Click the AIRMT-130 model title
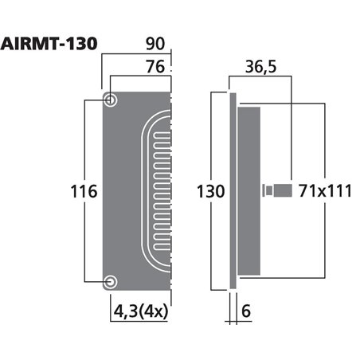click(49, 42)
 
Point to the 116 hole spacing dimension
click(84, 192)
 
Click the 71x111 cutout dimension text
click(326, 191)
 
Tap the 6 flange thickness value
click(247, 312)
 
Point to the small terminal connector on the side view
click(275, 191)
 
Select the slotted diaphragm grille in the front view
click(156, 191)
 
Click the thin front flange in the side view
click(233, 191)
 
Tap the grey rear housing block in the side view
click(248, 191)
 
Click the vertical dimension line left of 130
click(211, 143)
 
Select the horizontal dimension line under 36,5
click(260, 77)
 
